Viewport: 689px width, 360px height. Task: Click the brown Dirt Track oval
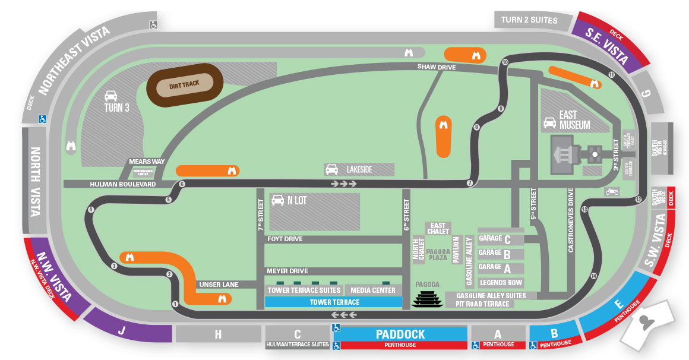coord(184,84)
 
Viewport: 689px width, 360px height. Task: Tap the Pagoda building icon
coord(427,299)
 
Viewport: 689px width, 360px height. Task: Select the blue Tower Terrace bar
coord(334,302)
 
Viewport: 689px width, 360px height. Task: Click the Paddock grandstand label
coord(400,334)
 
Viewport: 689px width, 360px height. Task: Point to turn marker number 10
coord(505,62)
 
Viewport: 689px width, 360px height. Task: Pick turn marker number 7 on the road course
coord(470,183)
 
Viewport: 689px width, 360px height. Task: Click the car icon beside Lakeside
coord(331,169)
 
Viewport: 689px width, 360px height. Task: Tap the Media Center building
coord(373,290)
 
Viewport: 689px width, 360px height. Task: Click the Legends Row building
coord(501,283)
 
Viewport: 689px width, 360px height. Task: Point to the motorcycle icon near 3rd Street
coord(612,191)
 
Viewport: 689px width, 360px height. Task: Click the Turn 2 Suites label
coord(529,20)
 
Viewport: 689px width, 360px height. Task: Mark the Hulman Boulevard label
coord(122,184)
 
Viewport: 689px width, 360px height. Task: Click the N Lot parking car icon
coord(277,200)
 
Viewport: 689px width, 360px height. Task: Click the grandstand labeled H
coord(218,334)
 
